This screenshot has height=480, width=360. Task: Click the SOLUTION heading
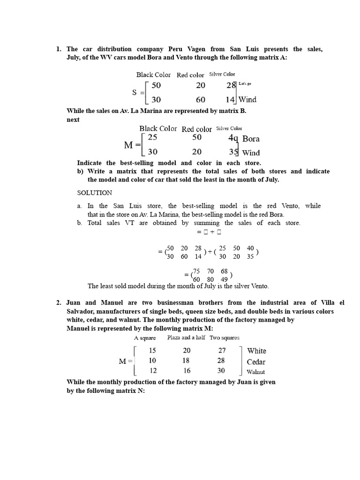pos(95,193)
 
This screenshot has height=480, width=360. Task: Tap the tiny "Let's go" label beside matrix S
pos(245,83)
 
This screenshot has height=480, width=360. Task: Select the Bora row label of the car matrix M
pos(251,139)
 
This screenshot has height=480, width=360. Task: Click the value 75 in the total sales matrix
pos(197,271)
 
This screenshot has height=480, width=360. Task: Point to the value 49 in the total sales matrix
pos(224,279)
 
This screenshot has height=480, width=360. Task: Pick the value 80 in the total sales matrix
pos(210,279)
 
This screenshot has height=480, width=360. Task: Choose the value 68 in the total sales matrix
pos(224,271)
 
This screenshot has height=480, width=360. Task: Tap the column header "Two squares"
pos(224,337)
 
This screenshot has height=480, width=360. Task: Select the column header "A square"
pos(145,338)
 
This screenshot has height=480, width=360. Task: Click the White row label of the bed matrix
pos(256,351)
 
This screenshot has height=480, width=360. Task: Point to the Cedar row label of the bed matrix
pos(256,362)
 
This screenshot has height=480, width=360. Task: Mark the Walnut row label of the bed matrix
pos(255,372)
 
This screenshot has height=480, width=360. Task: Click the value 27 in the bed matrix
pos(222,351)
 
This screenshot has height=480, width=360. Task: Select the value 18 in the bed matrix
pos(187,361)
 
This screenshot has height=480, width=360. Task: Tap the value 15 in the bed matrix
pos(153,351)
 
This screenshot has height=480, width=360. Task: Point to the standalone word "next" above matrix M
pos(73,120)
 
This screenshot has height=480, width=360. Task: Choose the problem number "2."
pos(59,303)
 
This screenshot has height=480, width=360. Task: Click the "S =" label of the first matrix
pos(138,93)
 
